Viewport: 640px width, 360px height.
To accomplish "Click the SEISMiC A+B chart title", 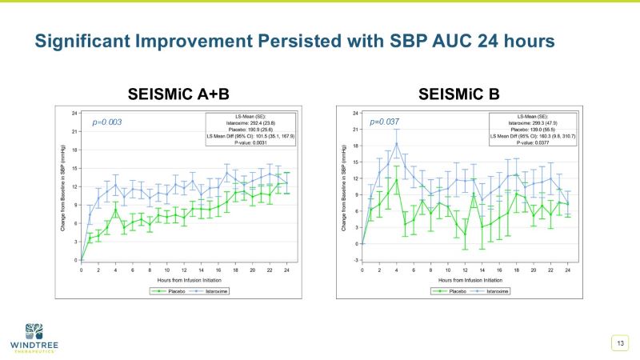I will tap(174, 94).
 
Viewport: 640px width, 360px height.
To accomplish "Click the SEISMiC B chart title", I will tap(458, 94).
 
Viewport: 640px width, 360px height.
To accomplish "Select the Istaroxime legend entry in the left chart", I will tap(204, 291).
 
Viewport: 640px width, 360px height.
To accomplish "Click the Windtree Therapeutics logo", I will tap(35, 336).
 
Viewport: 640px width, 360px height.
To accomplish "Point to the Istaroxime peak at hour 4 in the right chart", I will tap(397, 144).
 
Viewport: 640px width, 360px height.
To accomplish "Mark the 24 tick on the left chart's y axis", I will tap(74, 113).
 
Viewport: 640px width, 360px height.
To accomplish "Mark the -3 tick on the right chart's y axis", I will tap(355, 260).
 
